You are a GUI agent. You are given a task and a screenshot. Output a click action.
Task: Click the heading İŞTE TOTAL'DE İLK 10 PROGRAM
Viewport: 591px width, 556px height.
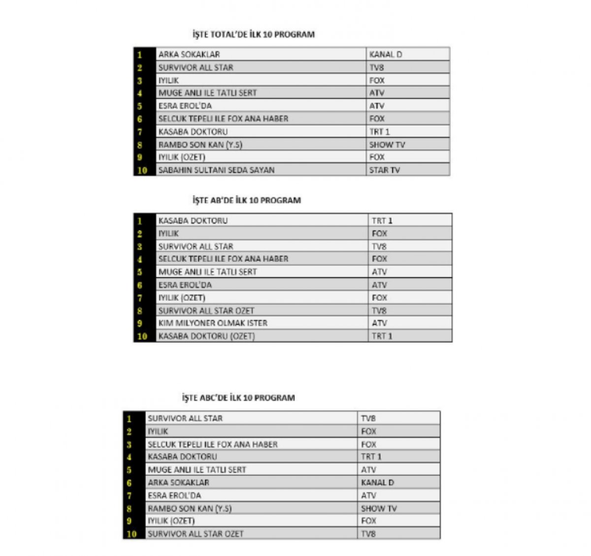[x=253, y=34]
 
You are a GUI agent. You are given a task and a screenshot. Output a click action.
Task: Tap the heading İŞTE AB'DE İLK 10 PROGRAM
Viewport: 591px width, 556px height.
[x=246, y=200]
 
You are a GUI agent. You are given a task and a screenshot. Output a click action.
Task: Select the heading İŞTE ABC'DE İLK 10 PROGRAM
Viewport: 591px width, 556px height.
[x=238, y=398]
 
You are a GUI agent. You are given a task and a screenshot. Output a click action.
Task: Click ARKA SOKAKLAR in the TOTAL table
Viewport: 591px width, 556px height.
[x=189, y=55]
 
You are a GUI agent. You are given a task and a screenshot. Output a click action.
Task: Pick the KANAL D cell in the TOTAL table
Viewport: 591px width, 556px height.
[x=386, y=55]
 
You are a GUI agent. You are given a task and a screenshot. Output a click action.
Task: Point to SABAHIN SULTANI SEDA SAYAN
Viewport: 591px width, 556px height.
[x=216, y=170]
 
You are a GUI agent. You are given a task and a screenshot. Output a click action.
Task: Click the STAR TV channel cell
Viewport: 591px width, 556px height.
[x=385, y=170]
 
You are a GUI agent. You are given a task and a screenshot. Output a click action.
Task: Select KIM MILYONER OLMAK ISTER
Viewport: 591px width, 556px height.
[x=213, y=323]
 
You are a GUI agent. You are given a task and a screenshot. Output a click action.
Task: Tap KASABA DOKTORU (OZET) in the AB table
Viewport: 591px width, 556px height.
[x=206, y=336]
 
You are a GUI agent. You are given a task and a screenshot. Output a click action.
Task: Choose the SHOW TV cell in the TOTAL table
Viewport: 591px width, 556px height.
[x=387, y=145]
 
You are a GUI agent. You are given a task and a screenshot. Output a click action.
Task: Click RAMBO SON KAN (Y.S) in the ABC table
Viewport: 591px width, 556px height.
[x=190, y=508]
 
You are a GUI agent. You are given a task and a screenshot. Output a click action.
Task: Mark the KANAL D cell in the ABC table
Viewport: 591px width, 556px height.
[x=377, y=483]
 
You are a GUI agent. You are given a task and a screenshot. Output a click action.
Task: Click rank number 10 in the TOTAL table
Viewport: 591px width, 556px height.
[x=142, y=170]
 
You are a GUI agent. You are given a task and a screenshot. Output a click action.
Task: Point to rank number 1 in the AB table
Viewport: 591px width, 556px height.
[x=140, y=221]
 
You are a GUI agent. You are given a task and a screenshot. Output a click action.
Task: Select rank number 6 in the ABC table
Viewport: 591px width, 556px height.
[x=130, y=483]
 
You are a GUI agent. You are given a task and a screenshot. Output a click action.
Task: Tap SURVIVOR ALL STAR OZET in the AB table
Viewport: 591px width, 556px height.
[x=206, y=310]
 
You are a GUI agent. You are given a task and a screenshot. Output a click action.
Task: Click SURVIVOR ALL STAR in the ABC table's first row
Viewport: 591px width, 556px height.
[x=185, y=418]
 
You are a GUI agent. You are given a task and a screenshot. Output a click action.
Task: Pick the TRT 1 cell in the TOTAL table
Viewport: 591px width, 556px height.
[x=380, y=132]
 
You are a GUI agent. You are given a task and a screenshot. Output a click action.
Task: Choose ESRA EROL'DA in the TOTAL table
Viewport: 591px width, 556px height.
[x=185, y=106]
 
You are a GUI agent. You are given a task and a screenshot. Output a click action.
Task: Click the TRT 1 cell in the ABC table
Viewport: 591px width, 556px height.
[x=371, y=457]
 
